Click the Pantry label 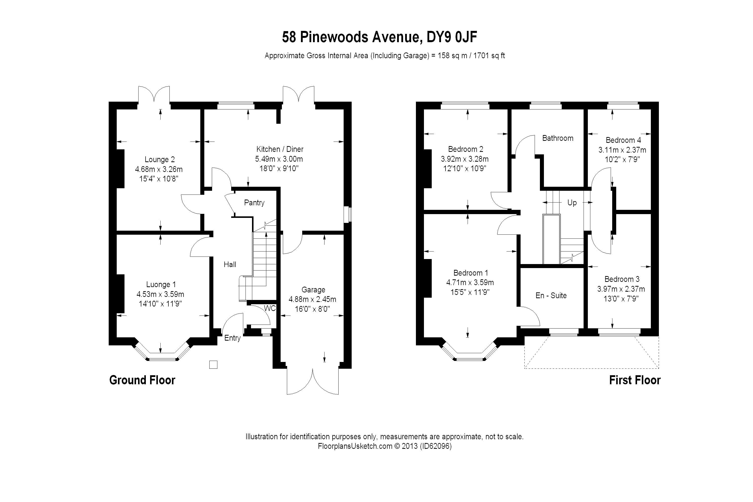pyautogui.click(x=254, y=203)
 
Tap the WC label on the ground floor pyautogui.click(x=270, y=308)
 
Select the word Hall pyautogui.click(x=230, y=265)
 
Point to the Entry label pyautogui.click(x=232, y=338)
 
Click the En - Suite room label pyautogui.click(x=551, y=295)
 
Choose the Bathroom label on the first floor pyautogui.click(x=558, y=138)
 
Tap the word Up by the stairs pyautogui.click(x=572, y=203)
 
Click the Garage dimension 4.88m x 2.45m pyautogui.click(x=312, y=299)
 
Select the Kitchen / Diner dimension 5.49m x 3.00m pyautogui.click(x=279, y=159)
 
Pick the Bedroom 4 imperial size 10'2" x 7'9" pyautogui.click(x=622, y=159)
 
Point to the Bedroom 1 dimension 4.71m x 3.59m pyautogui.click(x=470, y=282)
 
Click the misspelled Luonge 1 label pyautogui.click(x=161, y=285)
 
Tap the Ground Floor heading pyautogui.click(x=142, y=380)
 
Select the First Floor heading pyautogui.click(x=635, y=380)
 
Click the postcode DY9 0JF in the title pyautogui.click(x=452, y=37)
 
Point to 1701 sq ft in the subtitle pyautogui.click(x=489, y=56)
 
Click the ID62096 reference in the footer pyautogui.click(x=437, y=446)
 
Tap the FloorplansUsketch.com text pyautogui.click(x=355, y=446)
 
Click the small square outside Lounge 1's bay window pyautogui.click(x=213, y=365)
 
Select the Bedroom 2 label pyautogui.click(x=466, y=149)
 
